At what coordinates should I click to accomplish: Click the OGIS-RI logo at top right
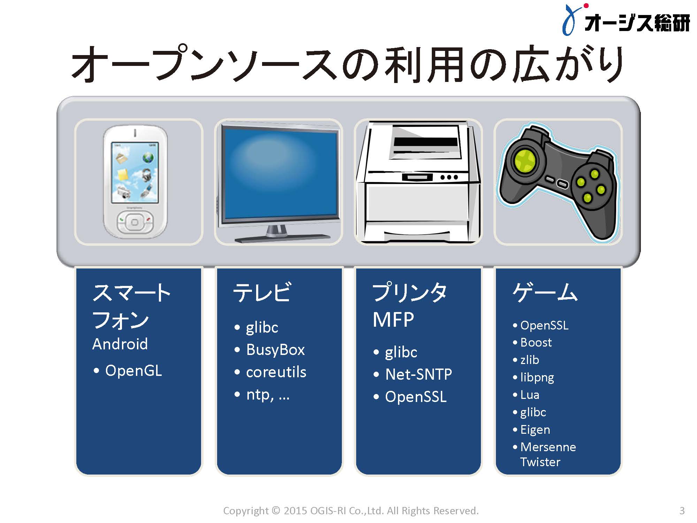click(626, 20)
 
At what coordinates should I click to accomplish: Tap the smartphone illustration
click(135, 182)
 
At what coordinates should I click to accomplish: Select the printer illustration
click(418, 182)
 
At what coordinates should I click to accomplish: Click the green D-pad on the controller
click(523, 161)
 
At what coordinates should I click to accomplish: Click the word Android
click(120, 344)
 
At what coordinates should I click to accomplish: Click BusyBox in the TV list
click(275, 350)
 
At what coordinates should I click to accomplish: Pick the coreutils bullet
click(276, 372)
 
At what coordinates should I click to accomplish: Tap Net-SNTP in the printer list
click(419, 374)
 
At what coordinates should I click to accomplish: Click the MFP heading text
click(393, 319)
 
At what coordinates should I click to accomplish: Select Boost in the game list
click(536, 342)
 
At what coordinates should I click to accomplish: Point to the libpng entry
click(537, 378)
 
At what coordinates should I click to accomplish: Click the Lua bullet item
click(530, 395)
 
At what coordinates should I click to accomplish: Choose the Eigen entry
click(535, 430)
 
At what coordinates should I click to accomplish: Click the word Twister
click(540, 462)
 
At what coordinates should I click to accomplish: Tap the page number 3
click(682, 511)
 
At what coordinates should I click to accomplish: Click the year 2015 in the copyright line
click(295, 511)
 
